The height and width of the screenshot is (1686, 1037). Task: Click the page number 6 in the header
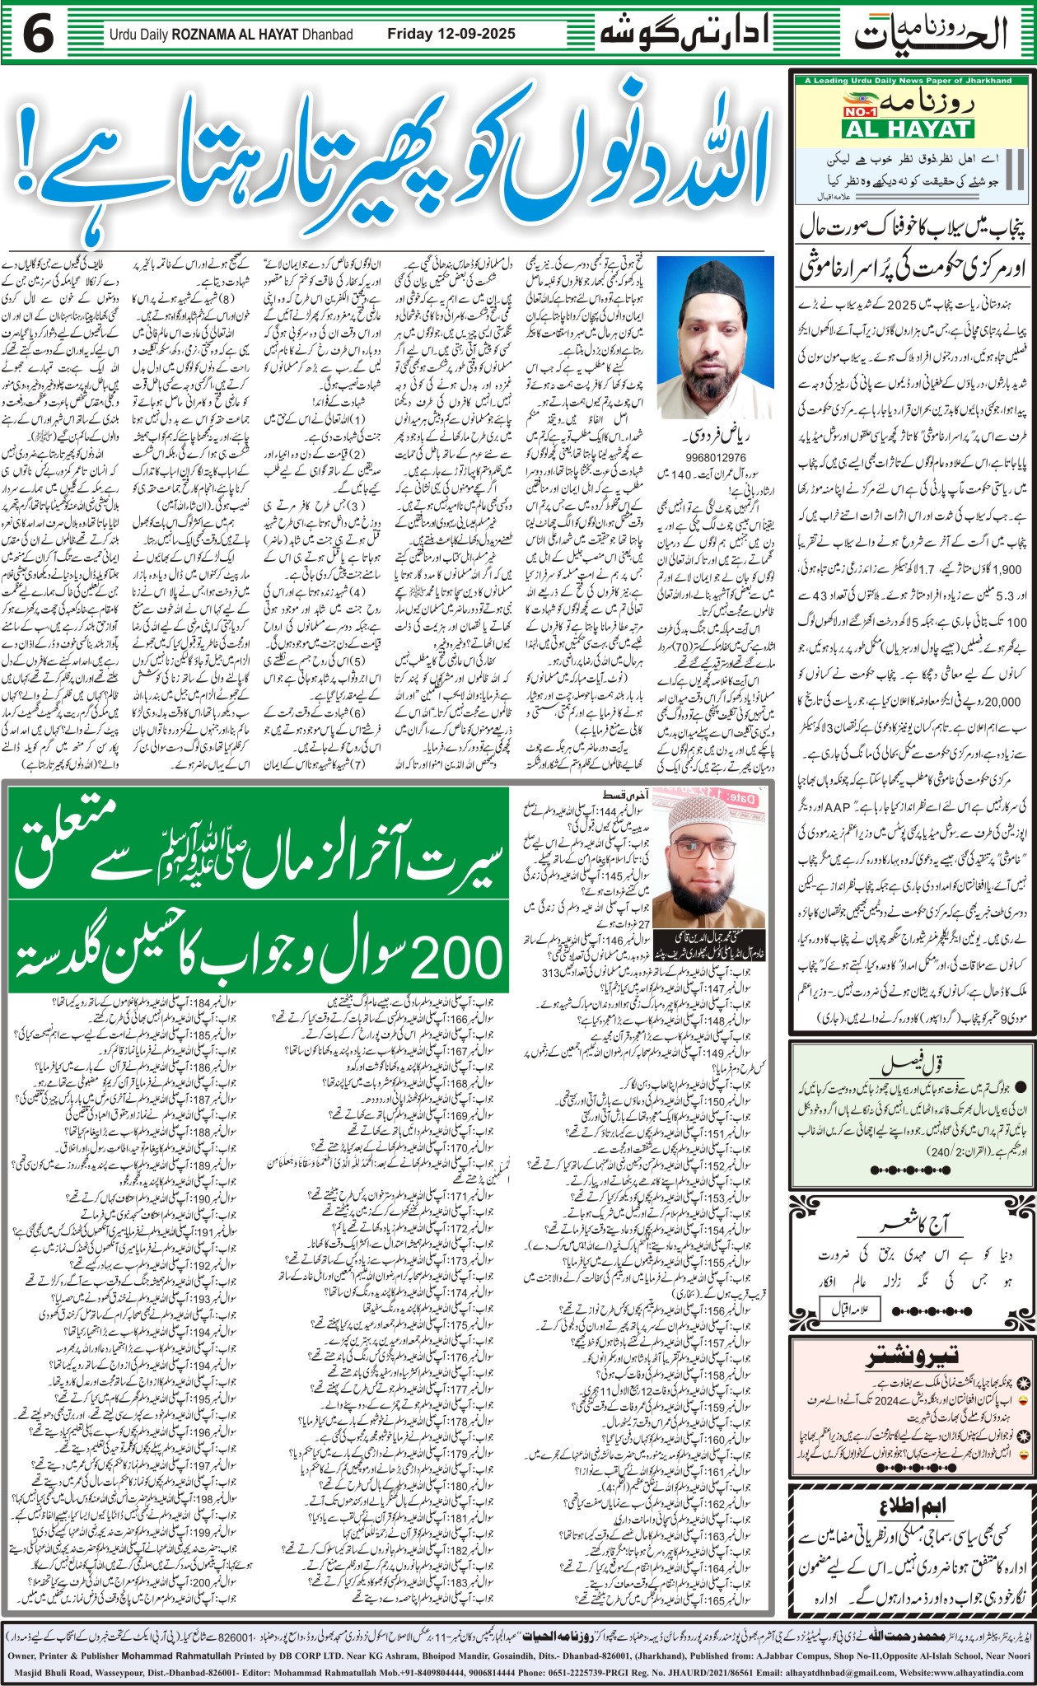point(39,35)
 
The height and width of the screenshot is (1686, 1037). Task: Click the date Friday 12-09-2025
point(451,34)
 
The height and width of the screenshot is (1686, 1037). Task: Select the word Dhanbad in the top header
point(326,35)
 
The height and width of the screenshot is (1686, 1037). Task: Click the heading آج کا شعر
point(913,1225)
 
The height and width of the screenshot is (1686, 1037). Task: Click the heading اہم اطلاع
point(910,1506)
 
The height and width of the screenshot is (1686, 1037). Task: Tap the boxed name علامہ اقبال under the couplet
point(850,1308)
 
